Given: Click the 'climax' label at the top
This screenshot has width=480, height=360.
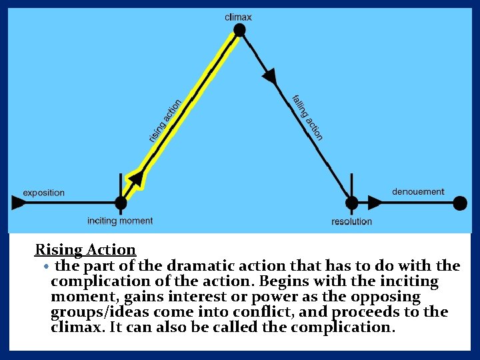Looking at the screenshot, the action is coord(238,17).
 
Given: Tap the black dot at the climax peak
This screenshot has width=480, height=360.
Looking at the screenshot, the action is coord(239,30).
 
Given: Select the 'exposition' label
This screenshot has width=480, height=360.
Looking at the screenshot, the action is coord(44,193).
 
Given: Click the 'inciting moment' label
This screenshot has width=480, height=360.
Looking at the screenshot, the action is coord(120,221).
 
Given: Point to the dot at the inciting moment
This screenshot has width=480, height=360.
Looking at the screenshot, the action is coord(121,203).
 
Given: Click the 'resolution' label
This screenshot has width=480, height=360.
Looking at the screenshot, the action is coord(351,221).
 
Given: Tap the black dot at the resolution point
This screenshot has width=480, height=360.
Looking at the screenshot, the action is coord(351,203).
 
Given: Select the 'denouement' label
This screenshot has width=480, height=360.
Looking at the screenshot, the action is coord(418,192).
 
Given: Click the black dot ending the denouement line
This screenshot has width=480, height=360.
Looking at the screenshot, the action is coord(460,203).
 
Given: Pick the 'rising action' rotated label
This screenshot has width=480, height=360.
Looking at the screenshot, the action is coord(165,121).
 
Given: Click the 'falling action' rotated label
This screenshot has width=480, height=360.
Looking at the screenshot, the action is coord(307,118).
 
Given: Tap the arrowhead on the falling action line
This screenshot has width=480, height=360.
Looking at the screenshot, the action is coord(269,76).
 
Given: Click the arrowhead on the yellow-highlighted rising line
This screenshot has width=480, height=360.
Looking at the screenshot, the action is coord(136,178).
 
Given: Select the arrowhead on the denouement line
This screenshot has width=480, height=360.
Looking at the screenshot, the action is coord(375,203).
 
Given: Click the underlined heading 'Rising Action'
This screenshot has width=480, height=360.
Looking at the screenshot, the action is coord(85,250).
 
